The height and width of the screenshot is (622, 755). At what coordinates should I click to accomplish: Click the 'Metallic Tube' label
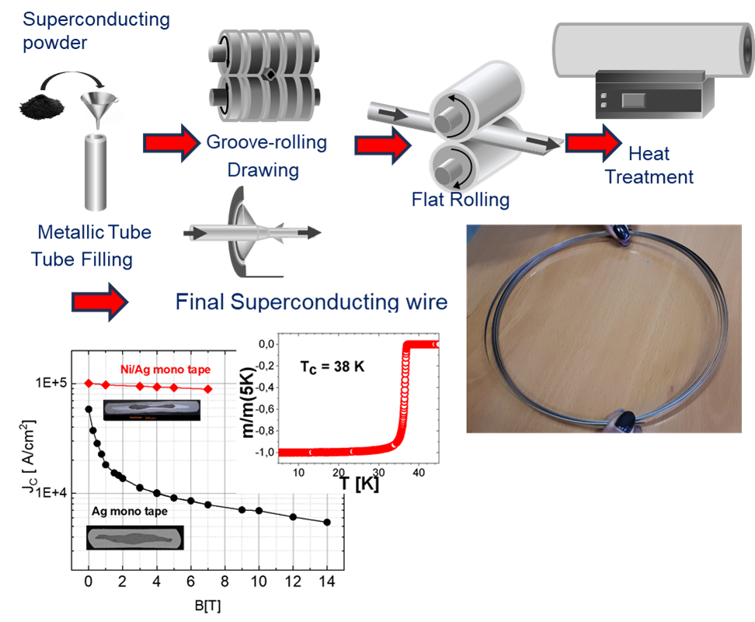pyautogui.click(x=94, y=232)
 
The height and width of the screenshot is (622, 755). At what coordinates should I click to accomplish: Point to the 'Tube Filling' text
pyautogui.click(x=82, y=259)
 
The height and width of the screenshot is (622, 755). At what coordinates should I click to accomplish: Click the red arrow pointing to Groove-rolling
pyautogui.click(x=172, y=144)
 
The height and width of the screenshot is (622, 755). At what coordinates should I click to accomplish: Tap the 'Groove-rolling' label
pyautogui.click(x=266, y=143)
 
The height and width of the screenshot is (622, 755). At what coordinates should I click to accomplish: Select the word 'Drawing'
pyautogui.click(x=264, y=169)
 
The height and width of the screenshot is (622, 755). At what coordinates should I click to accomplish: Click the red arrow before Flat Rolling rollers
pyautogui.click(x=383, y=144)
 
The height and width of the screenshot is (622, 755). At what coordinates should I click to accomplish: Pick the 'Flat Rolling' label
pyautogui.click(x=461, y=200)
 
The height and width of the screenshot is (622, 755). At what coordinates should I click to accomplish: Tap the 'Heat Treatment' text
pyautogui.click(x=649, y=165)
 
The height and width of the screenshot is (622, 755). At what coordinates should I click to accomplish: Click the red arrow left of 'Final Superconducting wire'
pyautogui.click(x=98, y=302)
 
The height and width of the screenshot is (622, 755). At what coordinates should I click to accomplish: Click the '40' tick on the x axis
pyautogui.click(x=419, y=471)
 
